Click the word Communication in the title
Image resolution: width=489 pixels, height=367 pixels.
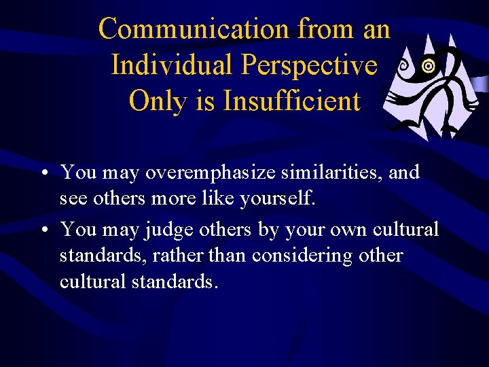tap(194, 29)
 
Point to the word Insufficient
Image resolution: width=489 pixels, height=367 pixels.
tap(292, 101)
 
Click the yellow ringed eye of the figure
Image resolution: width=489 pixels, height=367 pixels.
tap(427, 67)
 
